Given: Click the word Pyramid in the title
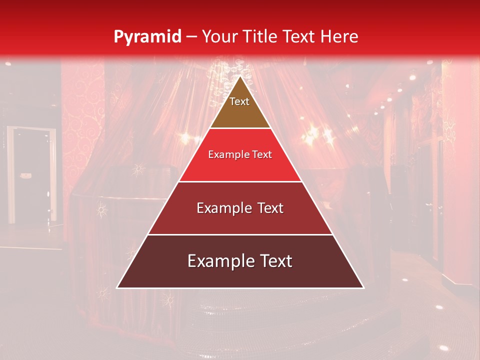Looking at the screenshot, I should pyautogui.click(x=147, y=37).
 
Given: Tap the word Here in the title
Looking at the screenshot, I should pyautogui.click(x=340, y=36).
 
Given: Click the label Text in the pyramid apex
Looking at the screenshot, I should pyautogui.click(x=239, y=101).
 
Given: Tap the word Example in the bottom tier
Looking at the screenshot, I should pyautogui.click(x=219, y=261).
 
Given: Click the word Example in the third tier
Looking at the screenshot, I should pyautogui.click(x=221, y=208).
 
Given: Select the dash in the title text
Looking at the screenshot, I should pyautogui.click(x=191, y=37).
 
